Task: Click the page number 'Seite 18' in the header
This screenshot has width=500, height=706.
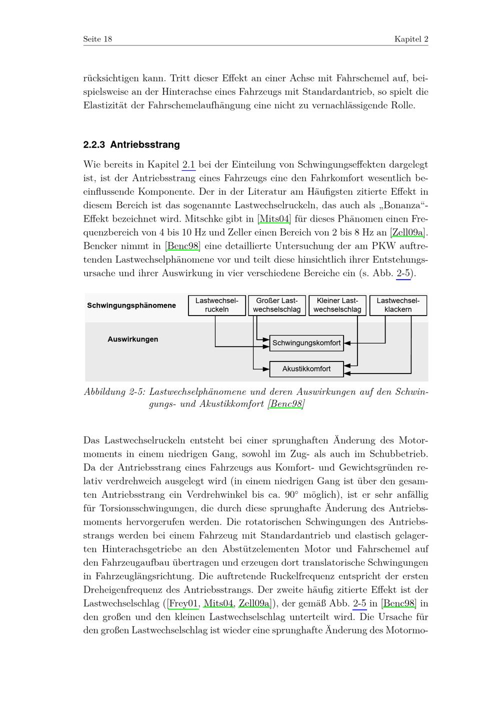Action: (x=97, y=39)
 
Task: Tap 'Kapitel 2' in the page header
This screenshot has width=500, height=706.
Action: (x=411, y=39)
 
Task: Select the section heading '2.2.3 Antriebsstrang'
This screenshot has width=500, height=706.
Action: (x=131, y=145)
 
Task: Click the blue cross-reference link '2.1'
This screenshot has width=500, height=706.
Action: (x=189, y=165)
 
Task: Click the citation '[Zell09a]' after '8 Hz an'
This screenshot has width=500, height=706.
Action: (x=408, y=232)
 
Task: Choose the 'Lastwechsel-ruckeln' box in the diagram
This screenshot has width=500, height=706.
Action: (x=217, y=305)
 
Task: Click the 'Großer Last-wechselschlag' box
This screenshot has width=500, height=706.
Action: (x=277, y=305)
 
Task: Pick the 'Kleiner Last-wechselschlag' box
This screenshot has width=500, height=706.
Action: (x=337, y=305)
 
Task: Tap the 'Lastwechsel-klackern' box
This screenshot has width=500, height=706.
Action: (x=398, y=305)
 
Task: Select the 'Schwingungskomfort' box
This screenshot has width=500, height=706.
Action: (x=306, y=343)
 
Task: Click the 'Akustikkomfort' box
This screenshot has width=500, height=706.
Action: (x=306, y=369)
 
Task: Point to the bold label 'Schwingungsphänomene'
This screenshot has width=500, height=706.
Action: (x=131, y=305)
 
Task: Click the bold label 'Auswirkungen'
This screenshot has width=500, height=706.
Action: (x=133, y=340)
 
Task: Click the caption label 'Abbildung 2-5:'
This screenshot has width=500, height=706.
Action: (x=114, y=392)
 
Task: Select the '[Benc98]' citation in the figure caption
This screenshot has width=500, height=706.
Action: (x=286, y=404)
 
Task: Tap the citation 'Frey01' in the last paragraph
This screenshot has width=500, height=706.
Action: (x=183, y=604)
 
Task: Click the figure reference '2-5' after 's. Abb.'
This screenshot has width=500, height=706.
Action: (x=403, y=273)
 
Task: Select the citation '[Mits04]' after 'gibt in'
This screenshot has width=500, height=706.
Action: (x=274, y=219)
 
